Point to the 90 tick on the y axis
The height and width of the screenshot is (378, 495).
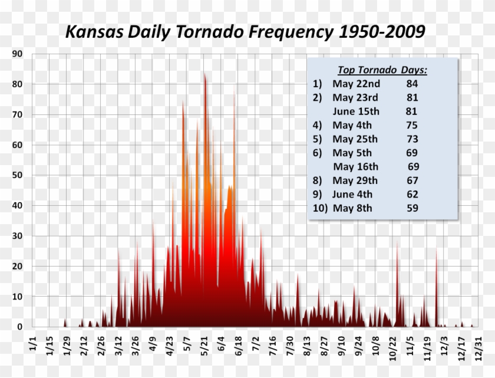tap(18, 54)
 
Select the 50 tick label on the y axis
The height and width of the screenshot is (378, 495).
tap(18, 175)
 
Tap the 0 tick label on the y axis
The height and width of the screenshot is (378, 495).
tap(20, 326)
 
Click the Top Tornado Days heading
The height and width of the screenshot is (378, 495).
tap(382, 70)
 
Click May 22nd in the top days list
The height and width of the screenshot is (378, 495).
tap(355, 84)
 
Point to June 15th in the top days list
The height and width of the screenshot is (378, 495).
tap(356, 111)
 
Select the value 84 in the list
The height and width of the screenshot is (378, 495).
tap(412, 84)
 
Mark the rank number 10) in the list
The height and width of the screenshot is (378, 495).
tap(319, 208)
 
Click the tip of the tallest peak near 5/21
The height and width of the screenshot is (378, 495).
tap(204, 73)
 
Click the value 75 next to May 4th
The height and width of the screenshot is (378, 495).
tap(412, 125)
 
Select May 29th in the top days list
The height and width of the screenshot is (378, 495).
tap(355, 180)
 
